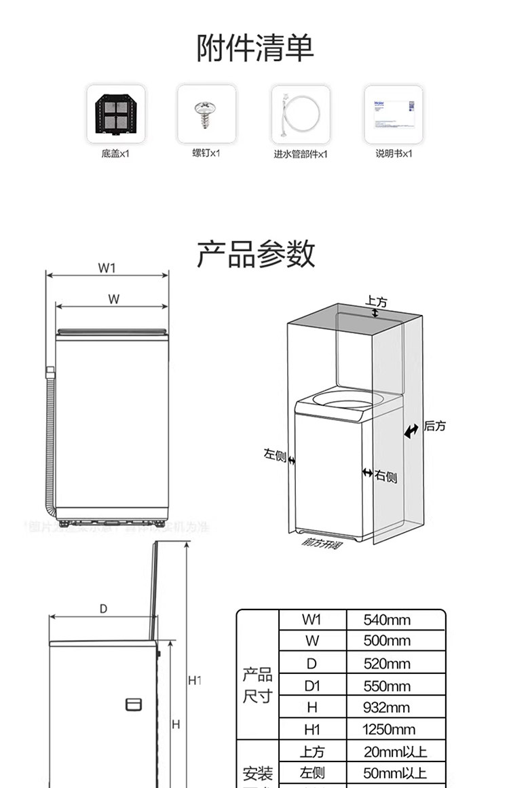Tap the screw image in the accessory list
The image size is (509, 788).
pos(206,113)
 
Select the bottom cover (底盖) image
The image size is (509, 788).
pos(115,113)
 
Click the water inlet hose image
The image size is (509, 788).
pos(300,113)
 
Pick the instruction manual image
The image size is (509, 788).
pos(394,113)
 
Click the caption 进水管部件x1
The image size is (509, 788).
pos(300,154)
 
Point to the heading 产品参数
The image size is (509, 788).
pos(256,254)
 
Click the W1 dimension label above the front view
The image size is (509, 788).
pos(107,268)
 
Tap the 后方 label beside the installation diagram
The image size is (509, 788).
pos(435,426)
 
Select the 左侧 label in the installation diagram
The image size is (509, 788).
pos(275,454)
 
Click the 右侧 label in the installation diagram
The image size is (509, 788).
pos(385,476)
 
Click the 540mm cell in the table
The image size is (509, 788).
pos(387,620)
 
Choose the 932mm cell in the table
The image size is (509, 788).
pos(387,708)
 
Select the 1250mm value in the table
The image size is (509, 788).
pos(389,730)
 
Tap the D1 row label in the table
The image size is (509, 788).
pos(312,686)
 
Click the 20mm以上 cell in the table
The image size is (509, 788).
pos(394,752)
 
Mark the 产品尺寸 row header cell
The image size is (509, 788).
pos(257,686)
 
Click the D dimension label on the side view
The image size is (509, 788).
pos(103,609)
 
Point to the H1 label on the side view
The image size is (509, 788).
pos(195,680)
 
